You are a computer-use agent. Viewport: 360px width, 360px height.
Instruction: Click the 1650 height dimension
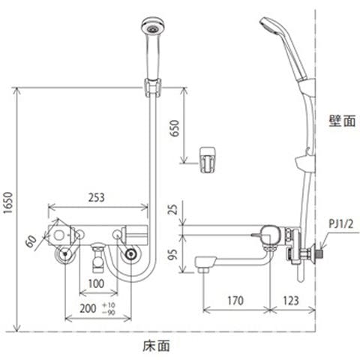[9, 202]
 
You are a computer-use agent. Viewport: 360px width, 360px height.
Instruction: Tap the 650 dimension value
[175, 128]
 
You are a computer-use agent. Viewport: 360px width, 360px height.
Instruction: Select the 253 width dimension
[97, 197]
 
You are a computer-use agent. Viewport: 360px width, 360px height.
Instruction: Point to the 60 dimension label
[31, 241]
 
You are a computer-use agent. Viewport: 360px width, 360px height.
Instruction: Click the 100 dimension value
[96, 283]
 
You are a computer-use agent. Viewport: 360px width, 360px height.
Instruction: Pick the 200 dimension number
[88, 308]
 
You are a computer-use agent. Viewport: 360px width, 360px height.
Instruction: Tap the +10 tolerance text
[109, 305]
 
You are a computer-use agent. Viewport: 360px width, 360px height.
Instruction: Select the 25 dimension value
[172, 209]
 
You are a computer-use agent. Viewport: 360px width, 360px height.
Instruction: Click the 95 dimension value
[172, 254]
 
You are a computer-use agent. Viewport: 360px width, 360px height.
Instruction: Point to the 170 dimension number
[235, 301]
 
